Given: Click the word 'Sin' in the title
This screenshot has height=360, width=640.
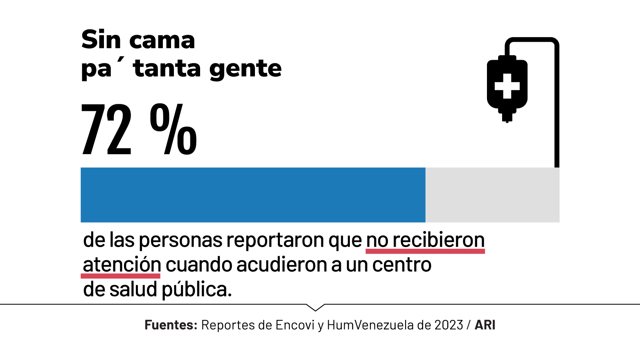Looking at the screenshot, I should click(101, 40).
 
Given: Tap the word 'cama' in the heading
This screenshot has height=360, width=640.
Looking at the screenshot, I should click(162, 41).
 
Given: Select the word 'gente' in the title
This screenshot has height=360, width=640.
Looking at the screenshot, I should click(245, 69).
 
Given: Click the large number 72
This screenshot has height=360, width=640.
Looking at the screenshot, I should click(107, 130).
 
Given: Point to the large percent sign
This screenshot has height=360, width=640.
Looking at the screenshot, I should click(173, 130).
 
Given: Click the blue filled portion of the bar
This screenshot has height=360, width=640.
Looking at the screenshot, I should click(253, 195).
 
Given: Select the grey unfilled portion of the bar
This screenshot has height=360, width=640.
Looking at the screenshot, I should click(492, 195).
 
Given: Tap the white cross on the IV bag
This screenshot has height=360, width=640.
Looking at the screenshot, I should click(507, 86).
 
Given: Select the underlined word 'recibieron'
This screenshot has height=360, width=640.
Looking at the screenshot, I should click(439, 240).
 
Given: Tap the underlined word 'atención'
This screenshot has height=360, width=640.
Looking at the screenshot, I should click(122, 265).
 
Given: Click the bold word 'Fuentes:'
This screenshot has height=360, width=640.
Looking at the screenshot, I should click(171, 325).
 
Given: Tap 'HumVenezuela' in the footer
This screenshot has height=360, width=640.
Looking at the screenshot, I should click(370, 325).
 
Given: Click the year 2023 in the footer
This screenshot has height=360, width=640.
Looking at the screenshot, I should click(448, 325).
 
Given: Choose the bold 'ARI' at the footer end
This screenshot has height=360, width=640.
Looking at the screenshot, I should click(485, 325).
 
